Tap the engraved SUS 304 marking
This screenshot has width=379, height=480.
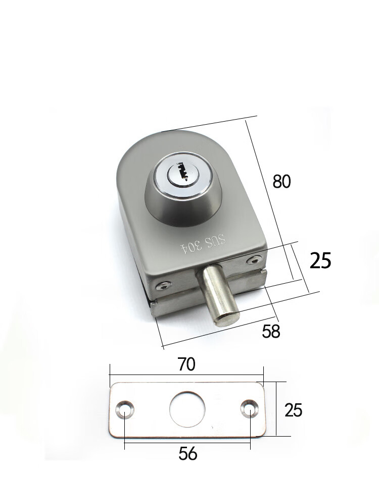tap(204, 244)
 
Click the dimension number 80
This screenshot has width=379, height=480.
tap(281, 181)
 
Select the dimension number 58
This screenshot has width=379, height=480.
tap(271, 331)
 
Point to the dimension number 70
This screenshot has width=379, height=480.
tap(186, 364)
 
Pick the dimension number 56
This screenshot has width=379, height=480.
tap(187, 453)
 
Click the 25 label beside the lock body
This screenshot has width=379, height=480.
tap(320, 261)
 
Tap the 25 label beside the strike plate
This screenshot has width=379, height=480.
tap(293, 410)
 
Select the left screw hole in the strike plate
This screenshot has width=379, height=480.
tap(124, 409)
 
